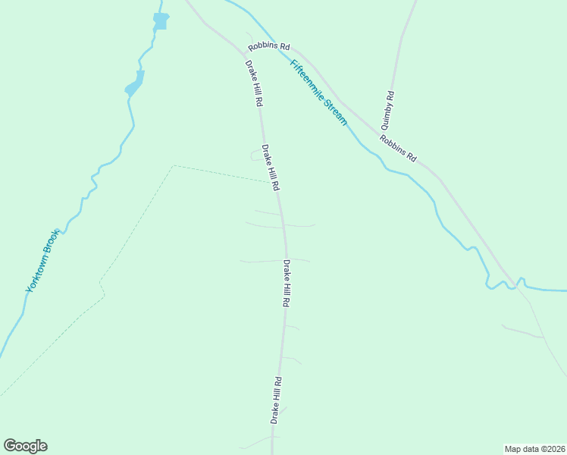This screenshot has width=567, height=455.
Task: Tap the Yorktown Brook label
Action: pyautogui.click(x=42, y=261)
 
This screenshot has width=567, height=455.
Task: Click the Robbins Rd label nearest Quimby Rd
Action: pyautogui.click(x=399, y=149)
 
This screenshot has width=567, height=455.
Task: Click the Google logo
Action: pyautogui.click(x=25, y=446)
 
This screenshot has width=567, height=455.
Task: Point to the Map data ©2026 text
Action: pyautogui.click(x=535, y=448)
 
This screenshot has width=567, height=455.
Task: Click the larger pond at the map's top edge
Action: pyautogui.click(x=160, y=20)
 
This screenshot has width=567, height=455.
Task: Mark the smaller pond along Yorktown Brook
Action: pyautogui.click(x=135, y=83)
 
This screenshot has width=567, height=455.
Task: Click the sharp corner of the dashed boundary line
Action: pyautogui.click(x=174, y=165)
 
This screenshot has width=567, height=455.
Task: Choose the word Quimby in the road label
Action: pyautogui.click(x=387, y=117)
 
